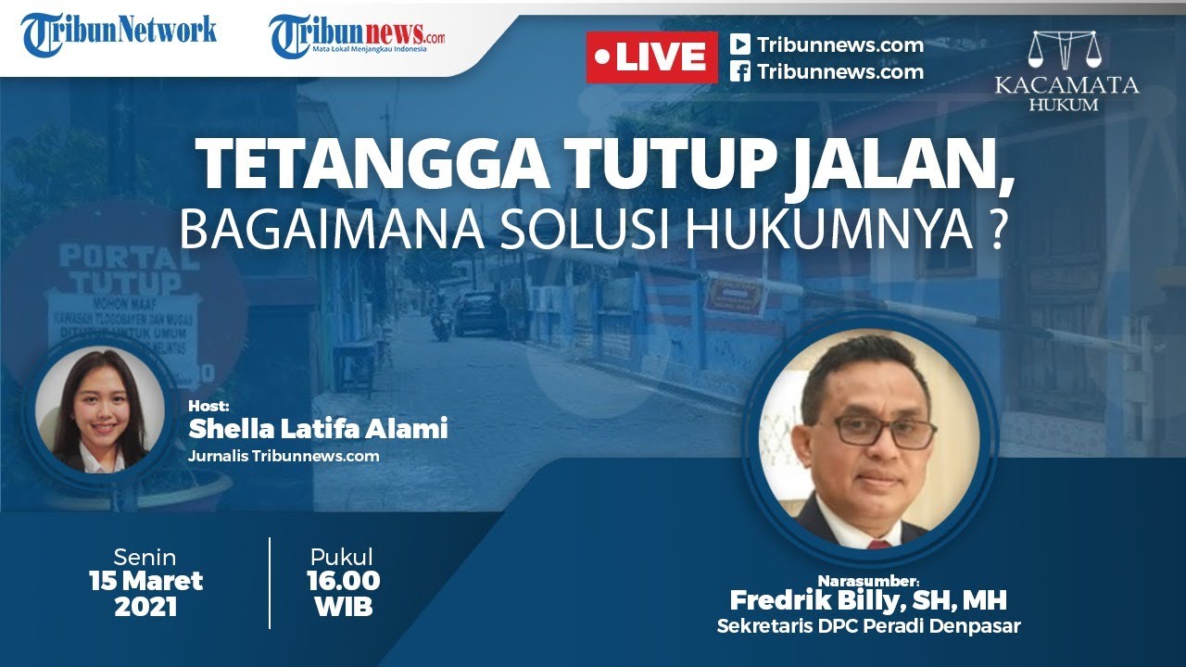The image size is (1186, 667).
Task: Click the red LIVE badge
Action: pos(651,57)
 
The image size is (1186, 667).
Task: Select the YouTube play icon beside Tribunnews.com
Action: pos(739,44)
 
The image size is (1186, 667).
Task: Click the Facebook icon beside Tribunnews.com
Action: pos(739,72)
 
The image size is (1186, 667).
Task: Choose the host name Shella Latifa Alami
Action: pos(318,429)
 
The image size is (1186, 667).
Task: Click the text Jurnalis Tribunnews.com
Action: pos(284,456)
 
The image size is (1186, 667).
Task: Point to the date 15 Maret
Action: pos(145,582)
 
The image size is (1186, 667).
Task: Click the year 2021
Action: pos(145,608)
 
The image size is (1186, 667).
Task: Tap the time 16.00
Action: pos(343,581)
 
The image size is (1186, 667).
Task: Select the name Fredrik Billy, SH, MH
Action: pos(868,600)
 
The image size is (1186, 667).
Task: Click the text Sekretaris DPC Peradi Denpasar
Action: pos(868,626)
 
